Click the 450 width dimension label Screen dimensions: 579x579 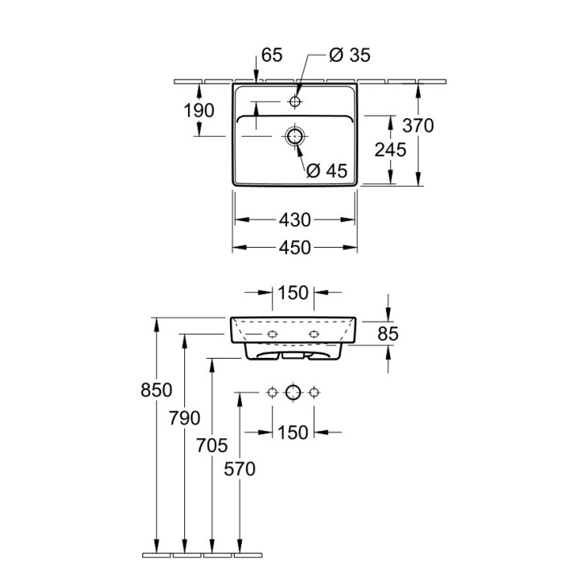pyautogui.click(x=295, y=248)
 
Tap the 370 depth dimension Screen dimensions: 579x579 pyautogui.click(x=418, y=125)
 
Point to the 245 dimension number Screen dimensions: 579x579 pyautogui.click(x=391, y=150)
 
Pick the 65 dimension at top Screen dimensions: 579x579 pyautogui.click(x=273, y=55)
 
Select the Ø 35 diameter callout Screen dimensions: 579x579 pyautogui.click(x=350, y=55)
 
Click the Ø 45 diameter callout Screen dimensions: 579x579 pyautogui.click(x=326, y=170)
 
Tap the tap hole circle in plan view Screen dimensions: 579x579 pyautogui.click(x=296, y=102)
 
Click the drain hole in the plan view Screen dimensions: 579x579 pyautogui.click(x=295, y=136)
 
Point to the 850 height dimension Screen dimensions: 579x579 pyautogui.click(x=157, y=390)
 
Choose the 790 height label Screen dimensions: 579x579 pyautogui.click(x=185, y=418)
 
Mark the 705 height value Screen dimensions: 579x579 pyautogui.click(x=212, y=445)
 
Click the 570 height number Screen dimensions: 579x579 pyautogui.click(x=240, y=470)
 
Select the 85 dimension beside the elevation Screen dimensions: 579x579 pyautogui.click(x=388, y=332)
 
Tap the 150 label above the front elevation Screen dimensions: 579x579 pyautogui.click(x=294, y=294)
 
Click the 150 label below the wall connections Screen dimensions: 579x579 pyautogui.click(x=294, y=433)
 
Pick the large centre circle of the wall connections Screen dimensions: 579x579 pyautogui.click(x=293, y=392)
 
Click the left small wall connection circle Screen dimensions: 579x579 pyautogui.click(x=273, y=392)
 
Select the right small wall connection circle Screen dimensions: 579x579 pyautogui.click(x=314, y=392)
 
